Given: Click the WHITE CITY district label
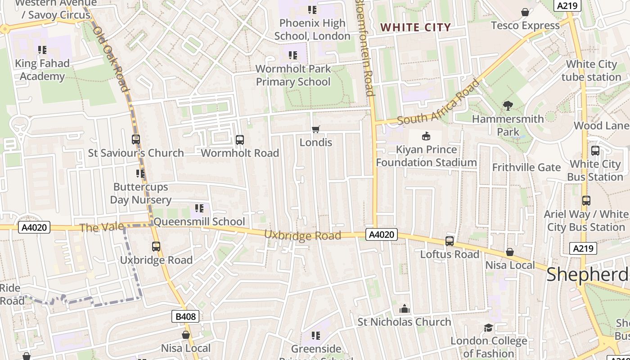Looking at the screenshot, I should (415, 27).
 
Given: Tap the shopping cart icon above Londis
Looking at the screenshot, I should (316, 130).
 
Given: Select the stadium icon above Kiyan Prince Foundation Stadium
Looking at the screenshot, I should (426, 136).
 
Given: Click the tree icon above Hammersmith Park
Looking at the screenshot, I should (508, 106).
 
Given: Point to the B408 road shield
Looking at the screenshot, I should (185, 316).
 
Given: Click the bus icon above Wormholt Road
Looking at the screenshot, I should (240, 140).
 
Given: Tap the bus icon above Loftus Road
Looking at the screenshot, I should (449, 241).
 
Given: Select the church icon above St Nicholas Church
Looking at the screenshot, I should (404, 309).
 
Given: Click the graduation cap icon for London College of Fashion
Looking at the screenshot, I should (488, 328).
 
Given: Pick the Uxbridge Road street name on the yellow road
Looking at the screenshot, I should (302, 235).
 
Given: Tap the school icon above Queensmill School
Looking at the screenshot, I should (199, 208).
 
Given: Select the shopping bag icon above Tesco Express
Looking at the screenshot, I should (525, 12).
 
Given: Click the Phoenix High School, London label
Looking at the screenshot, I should (312, 30).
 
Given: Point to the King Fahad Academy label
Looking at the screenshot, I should (42, 70).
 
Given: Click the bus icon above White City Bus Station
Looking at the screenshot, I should (595, 151).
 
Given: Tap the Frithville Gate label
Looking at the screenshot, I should (526, 167).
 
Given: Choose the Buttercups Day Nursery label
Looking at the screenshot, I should (140, 193).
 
